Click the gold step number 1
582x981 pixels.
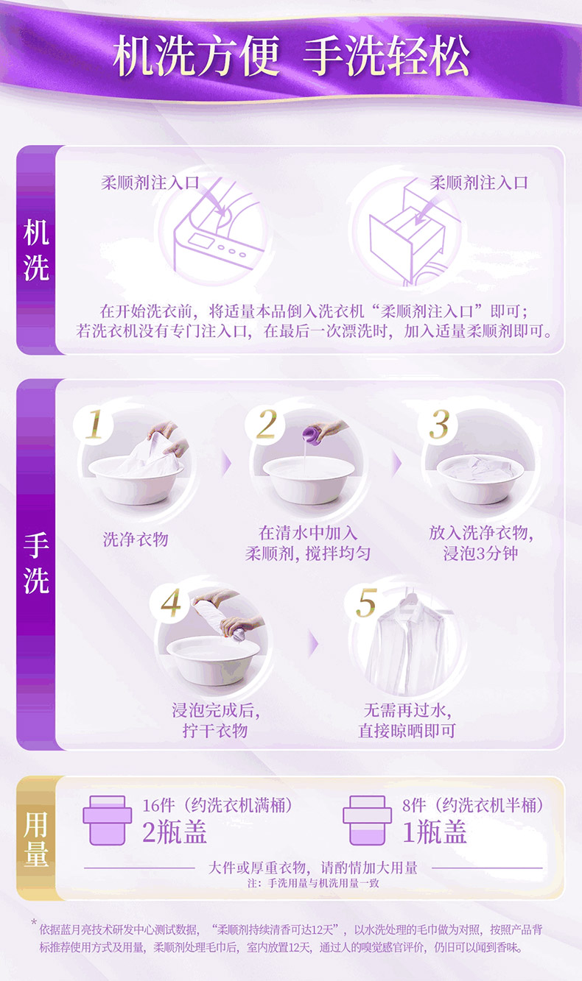94,424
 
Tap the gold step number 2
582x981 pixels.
267,424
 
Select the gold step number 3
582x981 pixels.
438,424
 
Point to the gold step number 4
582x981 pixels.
171,602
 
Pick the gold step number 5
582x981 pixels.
366,602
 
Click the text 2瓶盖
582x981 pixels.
175,832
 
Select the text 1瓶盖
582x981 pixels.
434,832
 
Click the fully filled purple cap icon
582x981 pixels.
108,821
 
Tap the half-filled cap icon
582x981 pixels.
368,821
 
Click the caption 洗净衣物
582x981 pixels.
136,539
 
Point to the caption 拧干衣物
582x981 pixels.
215,731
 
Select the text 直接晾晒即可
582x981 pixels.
407,731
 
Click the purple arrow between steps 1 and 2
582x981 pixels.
226,464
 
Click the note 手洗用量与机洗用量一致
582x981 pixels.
323,883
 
